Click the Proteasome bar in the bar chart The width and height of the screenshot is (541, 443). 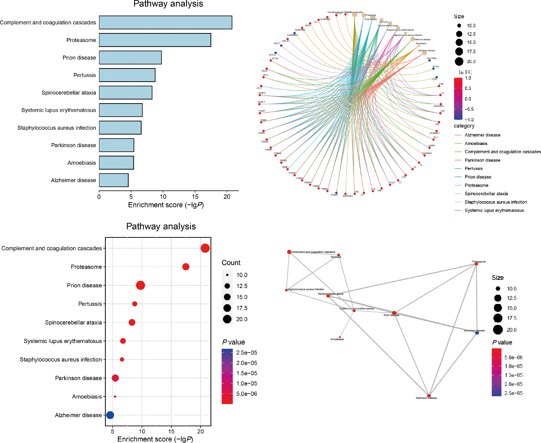[155, 40]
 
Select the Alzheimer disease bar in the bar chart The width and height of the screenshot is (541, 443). [114, 180]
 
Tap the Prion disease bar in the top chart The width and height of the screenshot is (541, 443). [130, 58]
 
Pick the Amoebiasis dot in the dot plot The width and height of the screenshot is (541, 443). [115, 397]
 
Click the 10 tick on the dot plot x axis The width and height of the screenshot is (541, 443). [142, 431]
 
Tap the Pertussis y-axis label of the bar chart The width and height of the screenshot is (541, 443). [85, 75]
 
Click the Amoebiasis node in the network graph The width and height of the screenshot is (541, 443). [340, 337]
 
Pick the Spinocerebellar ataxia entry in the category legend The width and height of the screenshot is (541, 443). [486, 194]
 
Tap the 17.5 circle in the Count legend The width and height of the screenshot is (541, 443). [227, 308]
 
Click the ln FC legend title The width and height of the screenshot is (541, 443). [465, 72]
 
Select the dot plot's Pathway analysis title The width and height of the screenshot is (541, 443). [161, 226]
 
